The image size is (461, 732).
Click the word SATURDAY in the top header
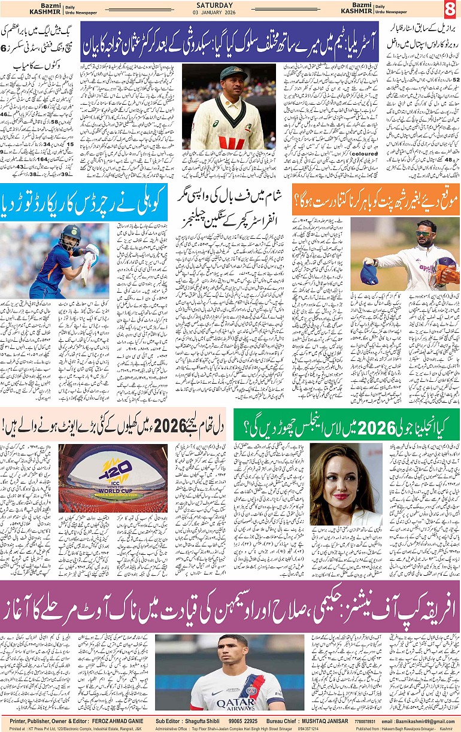[230, 5]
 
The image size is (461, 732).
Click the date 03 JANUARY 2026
[230, 13]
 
